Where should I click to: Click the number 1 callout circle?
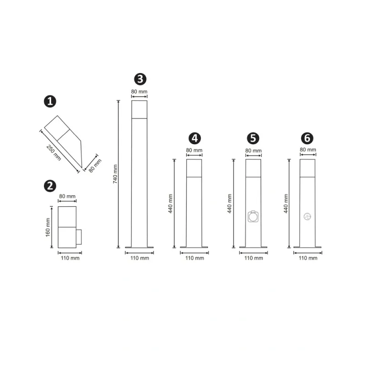click(50, 101)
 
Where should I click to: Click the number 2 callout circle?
click(50, 186)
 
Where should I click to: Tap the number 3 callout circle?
click(140, 79)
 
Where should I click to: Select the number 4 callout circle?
click(195, 138)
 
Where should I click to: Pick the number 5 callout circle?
click(253, 138)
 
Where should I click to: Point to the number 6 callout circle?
click(307, 138)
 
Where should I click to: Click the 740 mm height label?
click(115, 174)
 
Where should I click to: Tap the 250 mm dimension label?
click(54, 153)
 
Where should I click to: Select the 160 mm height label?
click(48, 227)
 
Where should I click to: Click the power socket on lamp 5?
click(253, 216)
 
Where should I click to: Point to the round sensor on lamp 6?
click(307, 217)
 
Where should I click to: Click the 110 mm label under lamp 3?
click(140, 258)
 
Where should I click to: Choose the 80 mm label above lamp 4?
click(194, 150)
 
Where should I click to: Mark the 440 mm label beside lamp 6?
click(286, 203)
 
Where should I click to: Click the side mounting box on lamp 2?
click(79, 237)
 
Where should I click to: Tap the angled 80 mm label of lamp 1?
click(95, 166)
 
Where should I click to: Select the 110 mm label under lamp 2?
click(70, 258)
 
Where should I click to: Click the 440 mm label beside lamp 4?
click(170, 203)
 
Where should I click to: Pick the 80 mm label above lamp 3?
click(139, 92)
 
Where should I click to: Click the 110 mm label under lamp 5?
click(254, 258)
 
